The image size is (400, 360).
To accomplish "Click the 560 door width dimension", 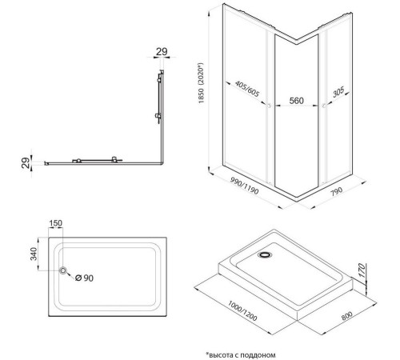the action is [296, 101].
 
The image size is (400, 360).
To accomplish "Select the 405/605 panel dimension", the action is [247, 89].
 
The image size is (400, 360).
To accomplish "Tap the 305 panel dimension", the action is [338, 92].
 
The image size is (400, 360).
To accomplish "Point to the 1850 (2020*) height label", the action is [201, 83].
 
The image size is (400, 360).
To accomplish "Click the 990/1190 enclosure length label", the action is [244, 186].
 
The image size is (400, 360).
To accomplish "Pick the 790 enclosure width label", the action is [337, 191].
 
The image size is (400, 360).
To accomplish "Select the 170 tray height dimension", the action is [362, 270].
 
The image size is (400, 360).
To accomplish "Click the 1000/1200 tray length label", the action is [242, 310].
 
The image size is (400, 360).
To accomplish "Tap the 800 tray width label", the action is [347, 316].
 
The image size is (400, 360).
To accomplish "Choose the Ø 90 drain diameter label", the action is [84, 278].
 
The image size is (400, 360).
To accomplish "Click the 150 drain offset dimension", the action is [56, 223].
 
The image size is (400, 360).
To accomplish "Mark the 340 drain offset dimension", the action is [34, 254].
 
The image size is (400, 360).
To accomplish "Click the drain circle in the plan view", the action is [63, 270].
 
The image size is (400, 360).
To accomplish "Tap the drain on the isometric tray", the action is [265, 254].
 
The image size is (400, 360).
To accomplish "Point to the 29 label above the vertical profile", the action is [162, 51].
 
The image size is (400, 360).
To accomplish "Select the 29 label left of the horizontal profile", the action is [26, 163].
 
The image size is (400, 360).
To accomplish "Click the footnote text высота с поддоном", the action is [241, 355].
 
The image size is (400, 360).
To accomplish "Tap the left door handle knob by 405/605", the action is [269, 106].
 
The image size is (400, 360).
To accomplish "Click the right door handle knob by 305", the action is [324, 106].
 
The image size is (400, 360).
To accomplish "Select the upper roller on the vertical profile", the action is [159, 80].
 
